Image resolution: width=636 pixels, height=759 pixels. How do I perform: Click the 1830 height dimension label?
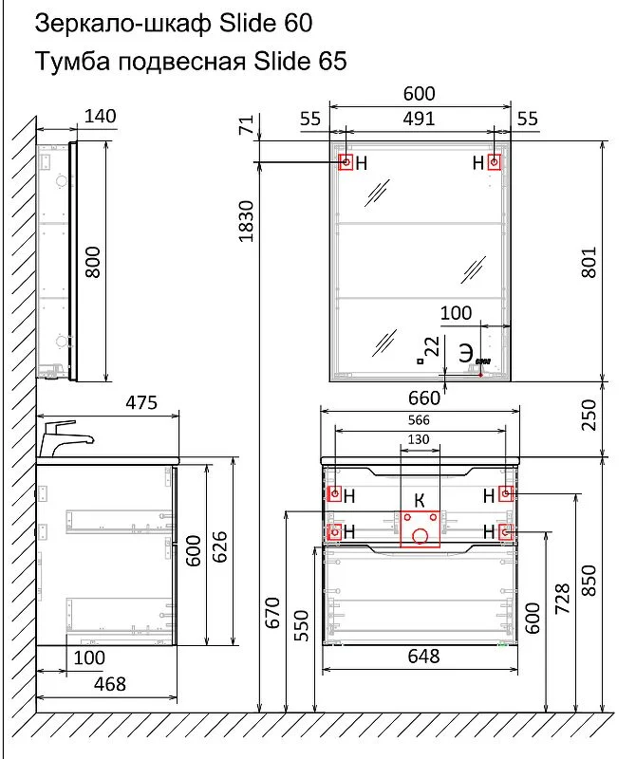click(x=247, y=221)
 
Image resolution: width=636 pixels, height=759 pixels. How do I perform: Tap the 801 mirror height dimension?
click(x=589, y=263)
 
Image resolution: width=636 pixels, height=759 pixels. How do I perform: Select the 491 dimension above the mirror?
click(x=419, y=119)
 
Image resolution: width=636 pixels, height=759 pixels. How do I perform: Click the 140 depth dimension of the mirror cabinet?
click(x=101, y=116)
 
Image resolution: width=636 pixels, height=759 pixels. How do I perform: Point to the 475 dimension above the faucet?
click(x=141, y=402)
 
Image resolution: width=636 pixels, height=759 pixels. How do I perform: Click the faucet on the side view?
click(x=65, y=438)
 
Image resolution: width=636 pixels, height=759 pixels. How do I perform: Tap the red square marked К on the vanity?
click(x=420, y=528)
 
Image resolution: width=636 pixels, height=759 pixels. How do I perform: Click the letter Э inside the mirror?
click(x=465, y=353)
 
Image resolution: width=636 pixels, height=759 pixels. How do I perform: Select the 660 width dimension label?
click(x=423, y=398)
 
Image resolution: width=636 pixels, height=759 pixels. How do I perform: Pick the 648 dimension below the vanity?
click(x=423, y=657)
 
